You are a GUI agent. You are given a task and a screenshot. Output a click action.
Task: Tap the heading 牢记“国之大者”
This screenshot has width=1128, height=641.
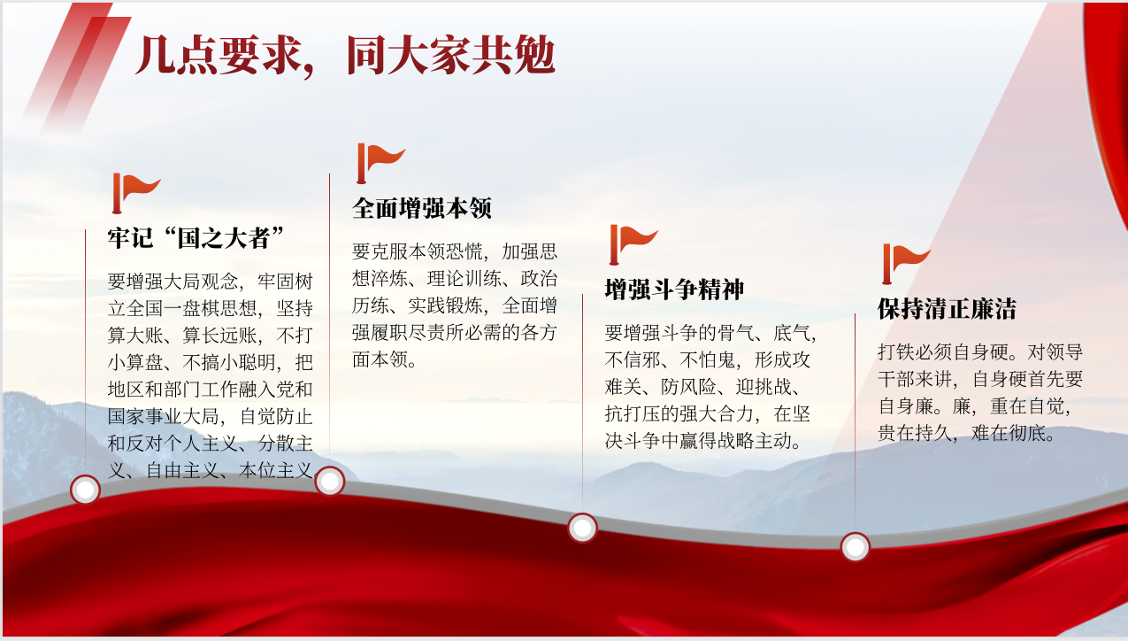click(x=196, y=237)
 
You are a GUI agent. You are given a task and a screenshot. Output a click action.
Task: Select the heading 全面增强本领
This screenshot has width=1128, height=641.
click(x=421, y=208)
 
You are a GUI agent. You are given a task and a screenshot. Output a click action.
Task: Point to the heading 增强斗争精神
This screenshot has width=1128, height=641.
click(x=674, y=290)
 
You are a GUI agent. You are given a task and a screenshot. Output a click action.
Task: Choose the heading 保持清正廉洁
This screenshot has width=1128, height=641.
click(x=948, y=308)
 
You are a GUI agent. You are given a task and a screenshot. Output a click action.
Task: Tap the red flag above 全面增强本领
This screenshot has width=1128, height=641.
click(x=380, y=163)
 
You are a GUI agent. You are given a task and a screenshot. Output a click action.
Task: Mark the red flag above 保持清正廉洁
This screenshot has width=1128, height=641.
click(x=906, y=264)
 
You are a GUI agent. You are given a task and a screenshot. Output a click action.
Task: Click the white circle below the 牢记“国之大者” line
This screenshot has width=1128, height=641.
click(x=85, y=490)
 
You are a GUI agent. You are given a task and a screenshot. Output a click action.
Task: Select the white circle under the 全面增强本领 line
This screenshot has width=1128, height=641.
click(x=330, y=481)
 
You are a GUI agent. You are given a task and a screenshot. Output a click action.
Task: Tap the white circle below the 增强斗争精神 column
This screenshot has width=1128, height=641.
click(x=583, y=528)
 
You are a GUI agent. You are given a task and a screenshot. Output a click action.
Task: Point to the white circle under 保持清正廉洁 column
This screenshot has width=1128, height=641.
click(x=855, y=547)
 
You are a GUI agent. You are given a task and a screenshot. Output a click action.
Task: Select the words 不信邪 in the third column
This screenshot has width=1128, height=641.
click(x=633, y=359)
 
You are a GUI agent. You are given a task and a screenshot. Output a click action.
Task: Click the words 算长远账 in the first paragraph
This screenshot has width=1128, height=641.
click(x=219, y=336)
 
